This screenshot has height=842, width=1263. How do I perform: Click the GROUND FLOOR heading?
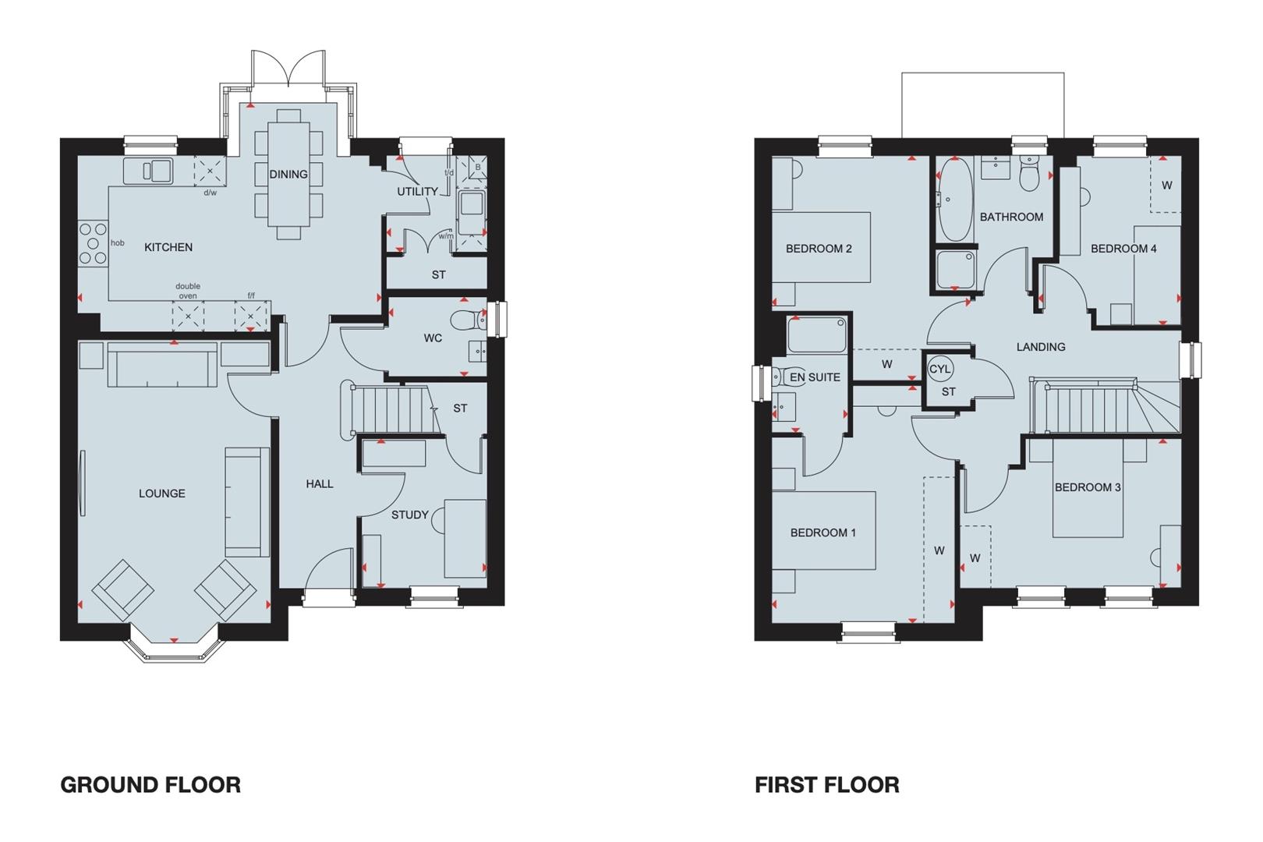pyautogui.click(x=150, y=784)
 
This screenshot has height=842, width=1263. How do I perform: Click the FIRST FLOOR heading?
pyautogui.click(x=826, y=784)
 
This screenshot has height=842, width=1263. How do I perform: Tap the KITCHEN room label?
pyautogui.click(x=168, y=247)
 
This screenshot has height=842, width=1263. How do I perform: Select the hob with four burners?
pyautogui.click(x=93, y=244)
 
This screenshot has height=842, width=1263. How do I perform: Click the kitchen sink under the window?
pyautogui.click(x=147, y=169)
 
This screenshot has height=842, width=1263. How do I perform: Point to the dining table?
pyautogui.click(x=288, y=173)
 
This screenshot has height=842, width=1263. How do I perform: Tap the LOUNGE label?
pyautogui.click(x=162, y=493)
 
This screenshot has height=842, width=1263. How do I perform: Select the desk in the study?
pyautogui.click(x=465, y=538)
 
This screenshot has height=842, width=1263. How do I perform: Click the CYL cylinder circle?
pyautogui.click(x=940, y=369)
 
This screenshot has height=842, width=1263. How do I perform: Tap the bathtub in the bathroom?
pyautogui.click(x=954, y=200)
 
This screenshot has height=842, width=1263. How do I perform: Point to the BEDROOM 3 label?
pyautogui.click(x=1088, y=487)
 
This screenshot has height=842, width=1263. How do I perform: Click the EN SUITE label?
pyautogui.click(x=815, y=377)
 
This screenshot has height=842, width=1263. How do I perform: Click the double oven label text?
pyautogui.click(x=188, y=291)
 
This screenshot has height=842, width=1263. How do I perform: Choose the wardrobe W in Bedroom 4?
pyautogui.click(x=1166, y=186)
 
